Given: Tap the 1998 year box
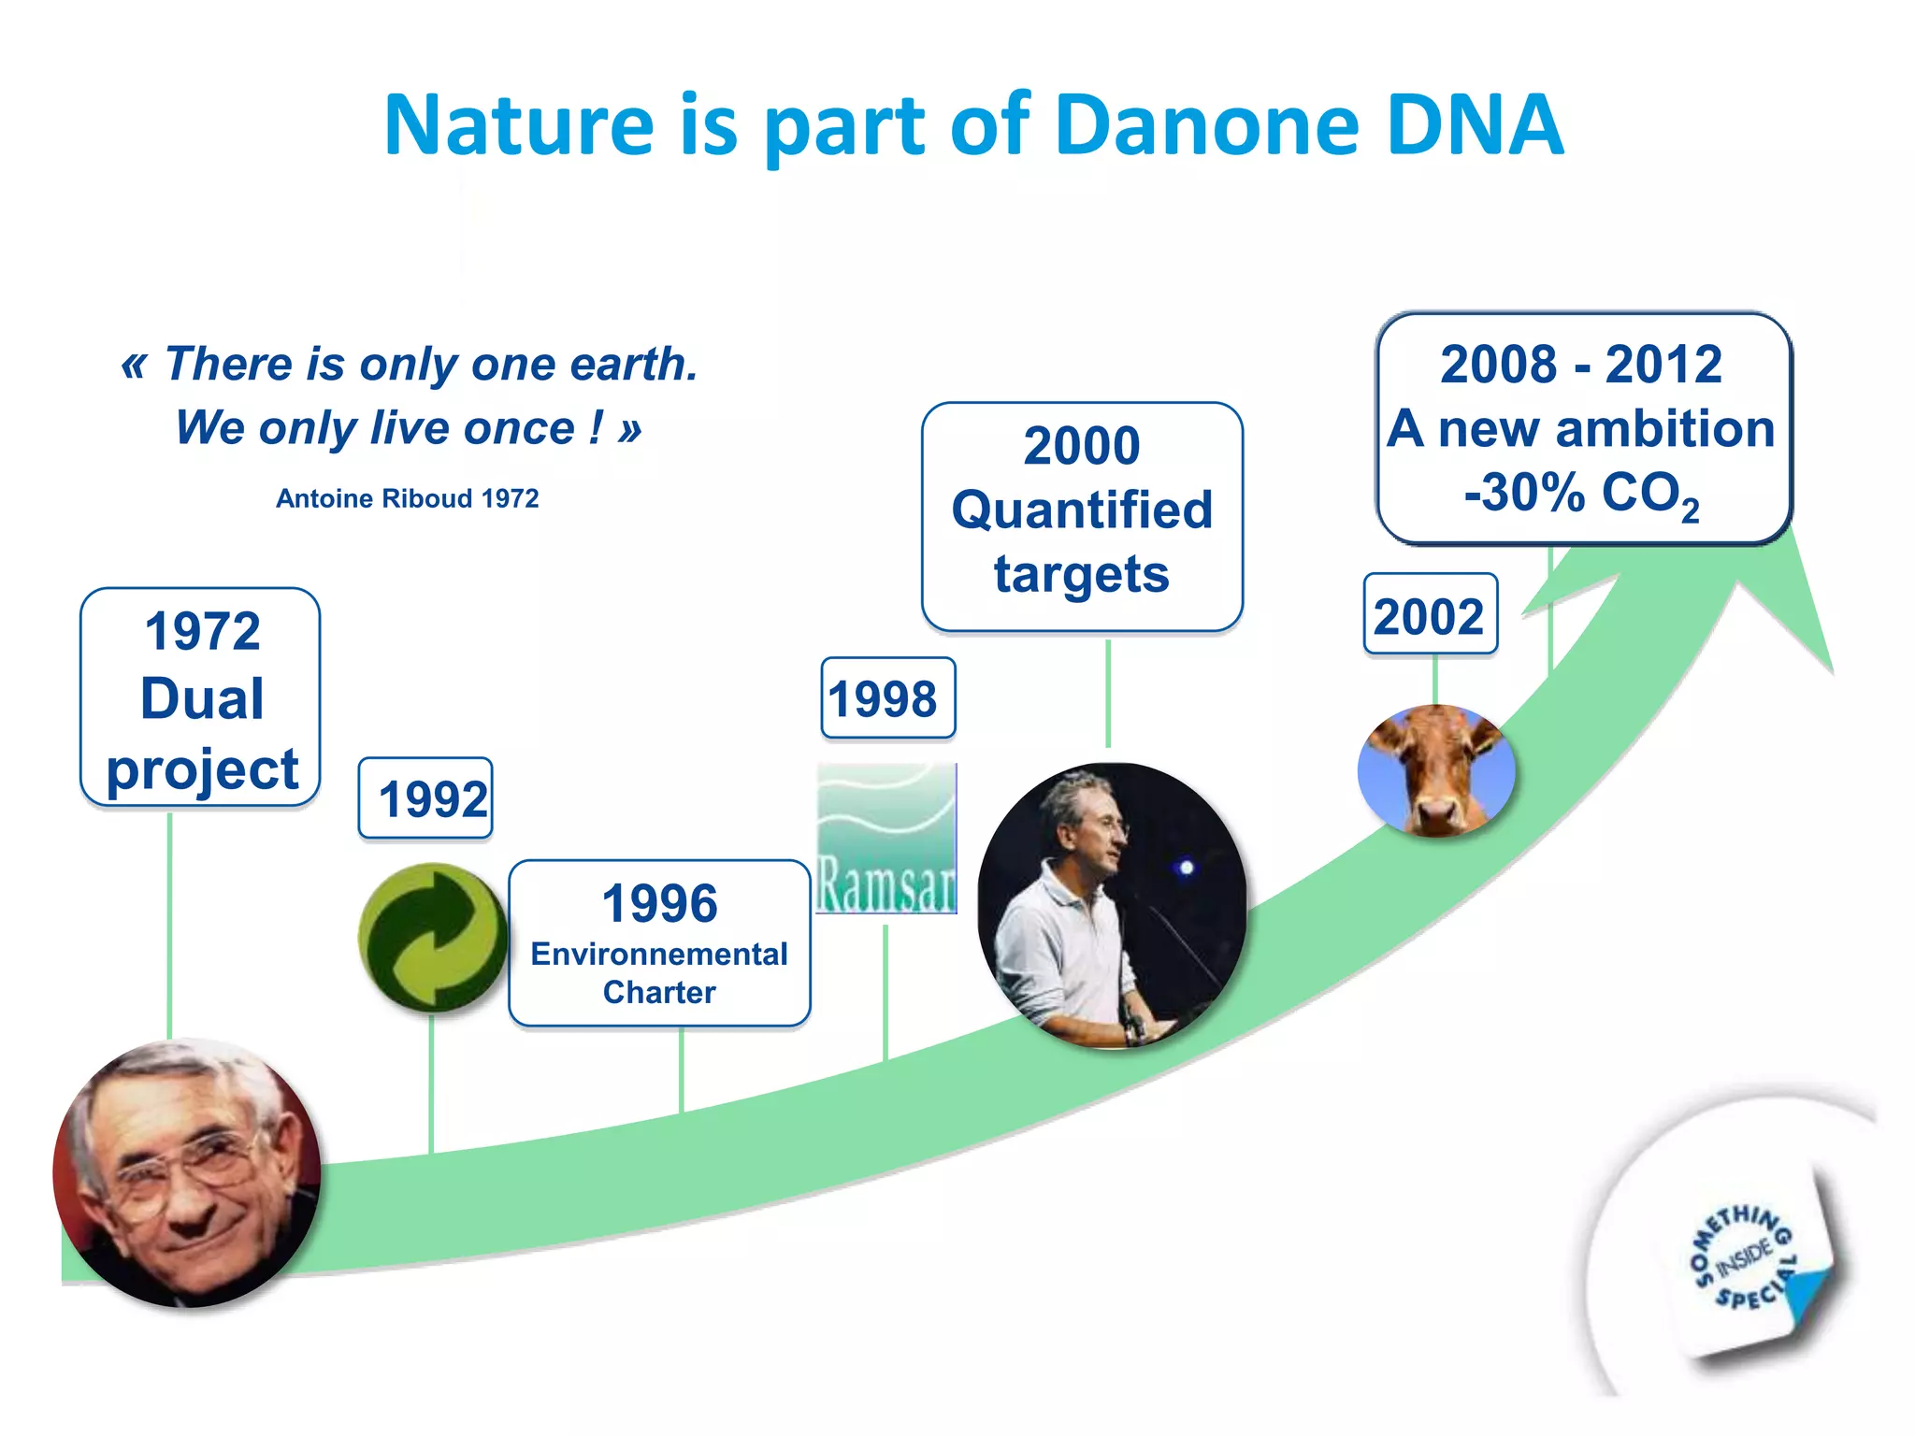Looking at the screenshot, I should click(886, 698).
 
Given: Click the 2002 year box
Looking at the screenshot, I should click(1430, 616).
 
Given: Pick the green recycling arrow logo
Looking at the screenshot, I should click(432, 937).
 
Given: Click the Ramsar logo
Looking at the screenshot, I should click(886, 839).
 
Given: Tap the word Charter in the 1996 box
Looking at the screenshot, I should click(659, 992).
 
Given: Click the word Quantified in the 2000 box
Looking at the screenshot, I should click(1082, 510).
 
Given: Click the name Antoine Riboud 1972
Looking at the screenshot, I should click(407, 498).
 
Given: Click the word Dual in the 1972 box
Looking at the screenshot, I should click(202, 698).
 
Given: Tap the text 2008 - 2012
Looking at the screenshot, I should click(1580, 364).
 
